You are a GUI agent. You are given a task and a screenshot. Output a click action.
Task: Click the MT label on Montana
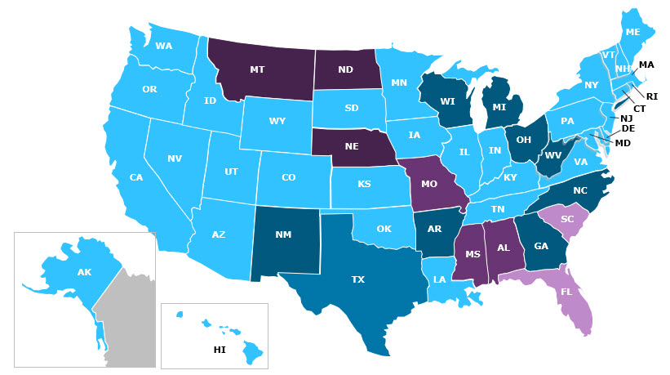click(x=257, y=70)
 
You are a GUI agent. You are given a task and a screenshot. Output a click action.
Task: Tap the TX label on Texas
click(x=357, y=279)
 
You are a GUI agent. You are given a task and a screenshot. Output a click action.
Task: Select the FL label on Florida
click(x=566, y=292)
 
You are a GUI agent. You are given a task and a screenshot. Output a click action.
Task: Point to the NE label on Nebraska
click(x=352, y=147)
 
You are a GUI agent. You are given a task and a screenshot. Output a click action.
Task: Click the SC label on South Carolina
click(x=566, y=220)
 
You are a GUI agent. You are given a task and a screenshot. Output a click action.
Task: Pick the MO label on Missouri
click(x=429, y=184)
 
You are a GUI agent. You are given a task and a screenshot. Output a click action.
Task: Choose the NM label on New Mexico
click(x=283, y=235)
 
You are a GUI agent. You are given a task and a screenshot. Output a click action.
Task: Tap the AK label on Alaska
click(x=84, y=272)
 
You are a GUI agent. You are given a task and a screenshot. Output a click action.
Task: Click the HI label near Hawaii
click(x=220, y=350)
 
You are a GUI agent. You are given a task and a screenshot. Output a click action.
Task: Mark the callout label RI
click(x=652, y=96)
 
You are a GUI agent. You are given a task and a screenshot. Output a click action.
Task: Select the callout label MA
click(x=646, y=65)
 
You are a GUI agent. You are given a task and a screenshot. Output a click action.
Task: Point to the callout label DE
click(x=628, y=129)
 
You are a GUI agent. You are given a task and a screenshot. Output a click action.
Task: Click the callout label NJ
click(x=627, y=118)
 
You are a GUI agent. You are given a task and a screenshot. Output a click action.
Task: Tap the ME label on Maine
click(x=632, y=33)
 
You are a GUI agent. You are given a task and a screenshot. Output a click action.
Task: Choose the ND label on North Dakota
click(x=345, y=70)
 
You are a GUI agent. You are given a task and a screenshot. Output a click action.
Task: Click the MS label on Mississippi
click(x=472, y=254)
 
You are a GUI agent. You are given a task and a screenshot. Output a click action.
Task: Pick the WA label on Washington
click(x=164, y=46)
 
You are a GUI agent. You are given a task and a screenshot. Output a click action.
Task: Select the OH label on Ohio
click(x=525, y=139)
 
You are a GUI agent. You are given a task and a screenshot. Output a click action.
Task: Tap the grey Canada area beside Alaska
click(x=131, y=327)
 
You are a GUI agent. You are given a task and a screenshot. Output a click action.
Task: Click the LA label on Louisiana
click(x=440, y=279)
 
